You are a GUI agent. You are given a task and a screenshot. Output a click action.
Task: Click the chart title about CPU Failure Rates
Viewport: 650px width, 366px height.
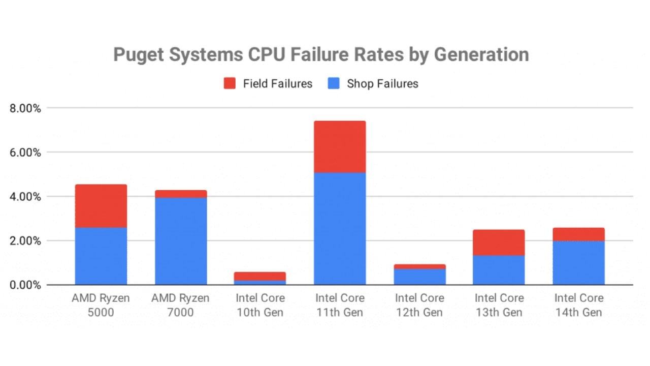point(320,54)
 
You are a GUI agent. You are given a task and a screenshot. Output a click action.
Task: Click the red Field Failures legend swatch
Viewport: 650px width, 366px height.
point(230,84)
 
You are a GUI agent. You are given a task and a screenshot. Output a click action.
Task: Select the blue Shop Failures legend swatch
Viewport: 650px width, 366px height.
point(334,84)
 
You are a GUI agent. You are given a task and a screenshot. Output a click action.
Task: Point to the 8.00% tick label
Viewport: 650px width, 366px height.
point(24,108)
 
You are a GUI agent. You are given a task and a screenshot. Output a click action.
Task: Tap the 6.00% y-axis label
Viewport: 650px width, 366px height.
point(24,152)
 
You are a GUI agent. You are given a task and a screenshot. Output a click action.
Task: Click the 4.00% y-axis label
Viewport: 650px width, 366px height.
point(24,197)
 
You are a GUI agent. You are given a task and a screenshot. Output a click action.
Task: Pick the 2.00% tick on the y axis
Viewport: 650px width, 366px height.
point(24,241)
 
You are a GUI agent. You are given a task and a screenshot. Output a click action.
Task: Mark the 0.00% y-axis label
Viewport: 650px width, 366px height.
point(24,285)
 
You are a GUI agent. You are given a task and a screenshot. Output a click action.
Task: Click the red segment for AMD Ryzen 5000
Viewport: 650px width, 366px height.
point(101,206)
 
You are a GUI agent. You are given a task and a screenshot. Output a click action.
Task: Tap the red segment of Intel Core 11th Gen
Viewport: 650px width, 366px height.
point(340,146)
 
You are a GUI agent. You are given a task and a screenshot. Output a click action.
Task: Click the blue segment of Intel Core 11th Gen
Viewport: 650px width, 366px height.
point(340,229)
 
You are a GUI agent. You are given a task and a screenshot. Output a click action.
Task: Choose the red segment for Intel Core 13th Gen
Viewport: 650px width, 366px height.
point(499,242)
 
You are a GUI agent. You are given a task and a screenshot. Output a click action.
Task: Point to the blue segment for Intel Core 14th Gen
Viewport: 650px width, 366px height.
point(578,263)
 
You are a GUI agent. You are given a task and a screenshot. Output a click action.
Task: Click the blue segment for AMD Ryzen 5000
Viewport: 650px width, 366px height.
point(101,256)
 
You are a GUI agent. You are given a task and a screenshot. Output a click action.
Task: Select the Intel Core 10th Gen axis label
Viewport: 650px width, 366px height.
point(261,305)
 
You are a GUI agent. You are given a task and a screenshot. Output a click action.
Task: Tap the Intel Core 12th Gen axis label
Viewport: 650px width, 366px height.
point(419,305)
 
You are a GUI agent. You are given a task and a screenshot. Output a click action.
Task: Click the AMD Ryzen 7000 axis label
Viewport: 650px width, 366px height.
point(181,305)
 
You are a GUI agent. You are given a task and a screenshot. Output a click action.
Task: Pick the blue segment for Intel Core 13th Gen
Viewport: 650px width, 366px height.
point(499,270)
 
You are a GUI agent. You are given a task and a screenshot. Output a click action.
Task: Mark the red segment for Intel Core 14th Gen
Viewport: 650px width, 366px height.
point(578,234)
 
